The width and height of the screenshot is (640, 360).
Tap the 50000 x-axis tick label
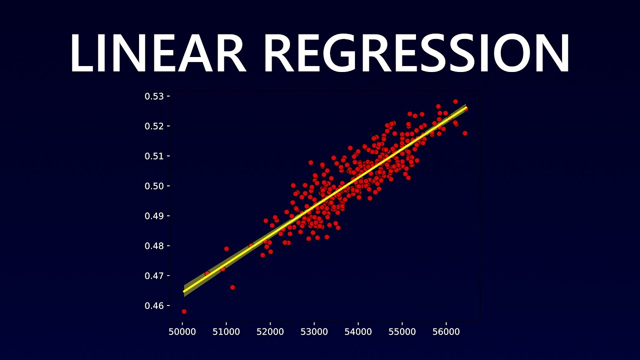[x=182, y=331]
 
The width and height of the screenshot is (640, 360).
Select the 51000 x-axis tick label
[x=226, y=331]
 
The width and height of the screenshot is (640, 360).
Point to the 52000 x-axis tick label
[x=270, y=331]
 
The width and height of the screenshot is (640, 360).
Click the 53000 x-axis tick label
[x=314, y=331]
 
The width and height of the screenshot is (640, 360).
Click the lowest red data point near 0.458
[x=184, y=311]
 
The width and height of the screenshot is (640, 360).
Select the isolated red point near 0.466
[x=232, y=287]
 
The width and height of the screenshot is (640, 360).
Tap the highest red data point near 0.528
[x=455, y=101]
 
